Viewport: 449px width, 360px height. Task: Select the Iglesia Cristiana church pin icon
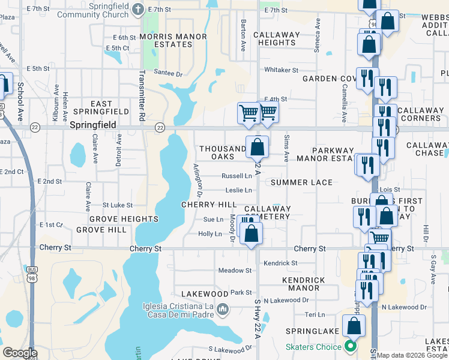(223, 310)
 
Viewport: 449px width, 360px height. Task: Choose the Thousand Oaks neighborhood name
(222, 152)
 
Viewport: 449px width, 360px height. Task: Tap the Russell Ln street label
(237, 176)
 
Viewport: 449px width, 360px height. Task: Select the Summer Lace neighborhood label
(301, 182)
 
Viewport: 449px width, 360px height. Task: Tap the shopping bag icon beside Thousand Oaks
(257, 147)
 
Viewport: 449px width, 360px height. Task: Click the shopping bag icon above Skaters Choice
(354, 326)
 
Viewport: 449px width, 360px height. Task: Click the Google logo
(19, 353)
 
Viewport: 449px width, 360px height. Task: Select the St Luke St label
(117, 205)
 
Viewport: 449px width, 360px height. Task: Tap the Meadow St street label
(235, 271)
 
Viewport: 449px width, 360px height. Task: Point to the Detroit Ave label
(119, 149)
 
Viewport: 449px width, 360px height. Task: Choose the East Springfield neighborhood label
(101, 108)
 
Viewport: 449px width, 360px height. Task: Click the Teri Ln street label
(315, 314)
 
